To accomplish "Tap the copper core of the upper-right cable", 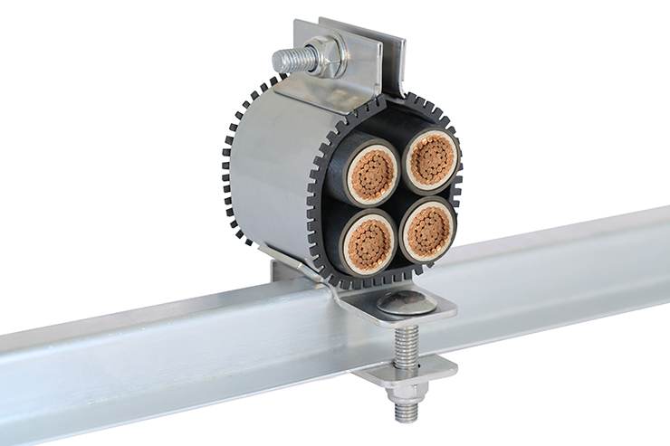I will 430,160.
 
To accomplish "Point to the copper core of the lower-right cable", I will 426,230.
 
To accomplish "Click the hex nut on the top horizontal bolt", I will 326,56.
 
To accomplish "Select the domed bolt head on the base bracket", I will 403,303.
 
